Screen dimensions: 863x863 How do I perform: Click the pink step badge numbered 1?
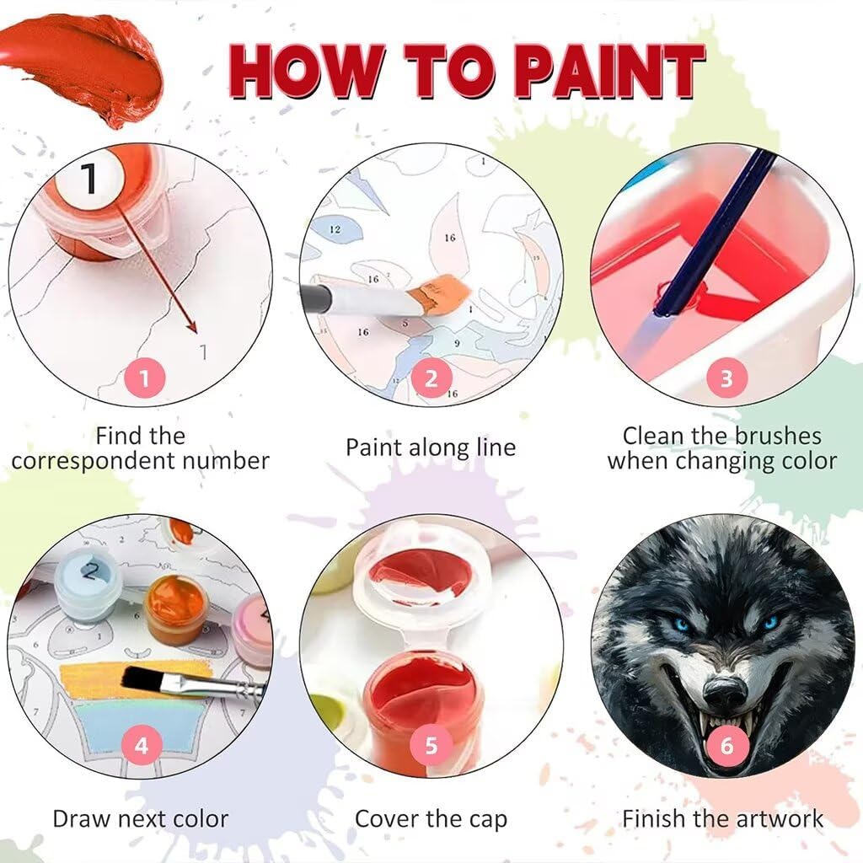[x=143, y=378]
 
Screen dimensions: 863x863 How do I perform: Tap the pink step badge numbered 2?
[x=431, y=378]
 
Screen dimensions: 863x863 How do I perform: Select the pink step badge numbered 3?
[x=726, y=378]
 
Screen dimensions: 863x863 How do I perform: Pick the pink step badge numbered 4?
[x=142, y=746]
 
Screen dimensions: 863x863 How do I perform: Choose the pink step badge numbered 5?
[x=431, y=746]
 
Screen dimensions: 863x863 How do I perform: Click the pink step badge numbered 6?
[x=726, y=746]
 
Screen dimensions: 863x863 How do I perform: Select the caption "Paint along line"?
[x=431, y=448]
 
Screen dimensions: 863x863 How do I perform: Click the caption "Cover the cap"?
[x=431, y=819]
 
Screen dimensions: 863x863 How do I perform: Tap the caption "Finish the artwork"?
[x=722, y=818]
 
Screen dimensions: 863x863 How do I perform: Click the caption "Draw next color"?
[x=141, y=819]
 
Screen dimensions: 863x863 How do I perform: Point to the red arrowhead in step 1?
[x=191, y=327]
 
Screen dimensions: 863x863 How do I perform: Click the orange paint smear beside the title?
[x=83, y=66]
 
